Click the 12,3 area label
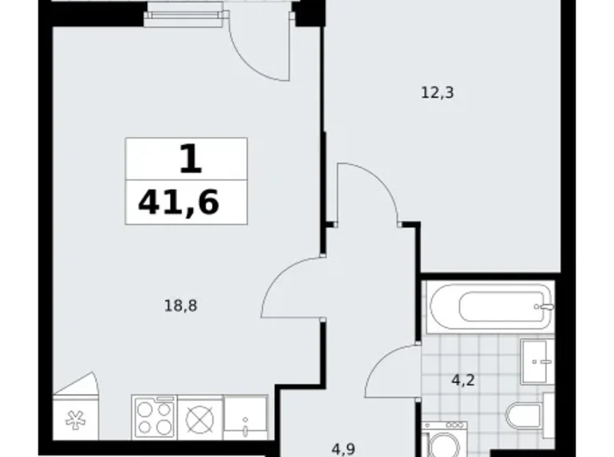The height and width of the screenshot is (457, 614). (437, 93)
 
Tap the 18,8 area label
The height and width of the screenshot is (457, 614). (180, 305)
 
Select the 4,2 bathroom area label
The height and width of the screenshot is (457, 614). (463, 380)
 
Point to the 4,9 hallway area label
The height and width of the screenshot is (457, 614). (343, 449)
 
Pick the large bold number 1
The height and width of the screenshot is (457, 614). (190, 158)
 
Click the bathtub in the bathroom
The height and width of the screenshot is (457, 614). (490, 307)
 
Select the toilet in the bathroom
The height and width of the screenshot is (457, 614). (529, 416)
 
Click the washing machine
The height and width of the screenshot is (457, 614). (445, 440)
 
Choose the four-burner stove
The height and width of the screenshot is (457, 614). (154, 417)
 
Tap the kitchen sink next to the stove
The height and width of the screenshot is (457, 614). (246, 417)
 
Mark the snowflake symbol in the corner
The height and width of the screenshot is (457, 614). (76, 420)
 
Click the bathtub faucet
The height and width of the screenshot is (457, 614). (545, 307)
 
